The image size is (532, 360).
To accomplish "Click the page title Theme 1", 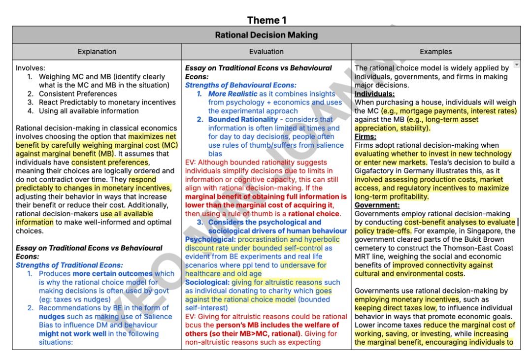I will (x=266, y=20).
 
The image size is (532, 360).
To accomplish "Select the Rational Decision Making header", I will (x=266, y=35).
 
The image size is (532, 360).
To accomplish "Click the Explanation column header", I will (x=97, y=51).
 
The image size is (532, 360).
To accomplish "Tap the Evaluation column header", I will (x=266, y=51).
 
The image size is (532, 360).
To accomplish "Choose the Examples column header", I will (x=435, y=51).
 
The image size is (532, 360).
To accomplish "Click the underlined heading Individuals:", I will (x=374, y=94).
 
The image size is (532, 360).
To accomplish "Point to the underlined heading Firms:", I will (x=366, y=137).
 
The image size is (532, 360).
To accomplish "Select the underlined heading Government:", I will (x=377, y=205).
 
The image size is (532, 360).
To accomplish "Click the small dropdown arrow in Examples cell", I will (x=516, y=65).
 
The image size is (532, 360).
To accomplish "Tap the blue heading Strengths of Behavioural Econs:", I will (x=241, y=85).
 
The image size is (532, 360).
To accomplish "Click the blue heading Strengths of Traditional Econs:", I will (x=69, y=265).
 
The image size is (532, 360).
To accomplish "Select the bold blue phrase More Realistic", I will (x=233, y=94).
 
